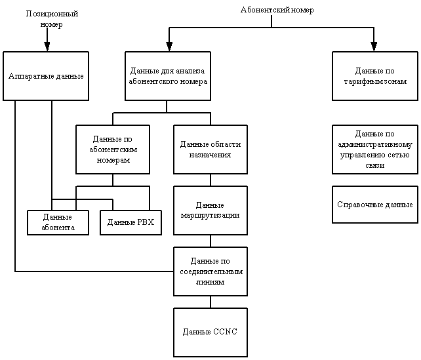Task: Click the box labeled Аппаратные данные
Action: tap(46, 76)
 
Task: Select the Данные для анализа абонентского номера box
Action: tap(168, 76)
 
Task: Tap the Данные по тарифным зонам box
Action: tap(375, 76)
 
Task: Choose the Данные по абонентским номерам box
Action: tap(113, 150)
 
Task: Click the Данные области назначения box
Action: tap(210, 150)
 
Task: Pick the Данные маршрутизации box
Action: tap(210, 210)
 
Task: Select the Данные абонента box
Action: tap(58, 222)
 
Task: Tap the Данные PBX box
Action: tap(130, 222)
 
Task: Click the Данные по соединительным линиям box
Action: tap(210, 271)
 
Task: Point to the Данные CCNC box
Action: tap(210, 332)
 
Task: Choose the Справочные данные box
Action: tap(375, 205)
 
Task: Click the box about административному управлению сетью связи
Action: tap(375, 150)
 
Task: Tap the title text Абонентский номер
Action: tap(277, 10)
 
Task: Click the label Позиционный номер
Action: tap(52, 19)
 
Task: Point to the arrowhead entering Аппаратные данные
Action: tap(47, 47)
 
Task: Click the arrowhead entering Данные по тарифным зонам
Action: tap(374, 47)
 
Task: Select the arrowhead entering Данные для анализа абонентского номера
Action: tap(169, 47)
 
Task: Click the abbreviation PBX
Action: tap(146, 222)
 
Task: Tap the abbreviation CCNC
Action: tap(226, 332)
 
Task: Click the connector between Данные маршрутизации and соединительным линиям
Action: tap(210, 241)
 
